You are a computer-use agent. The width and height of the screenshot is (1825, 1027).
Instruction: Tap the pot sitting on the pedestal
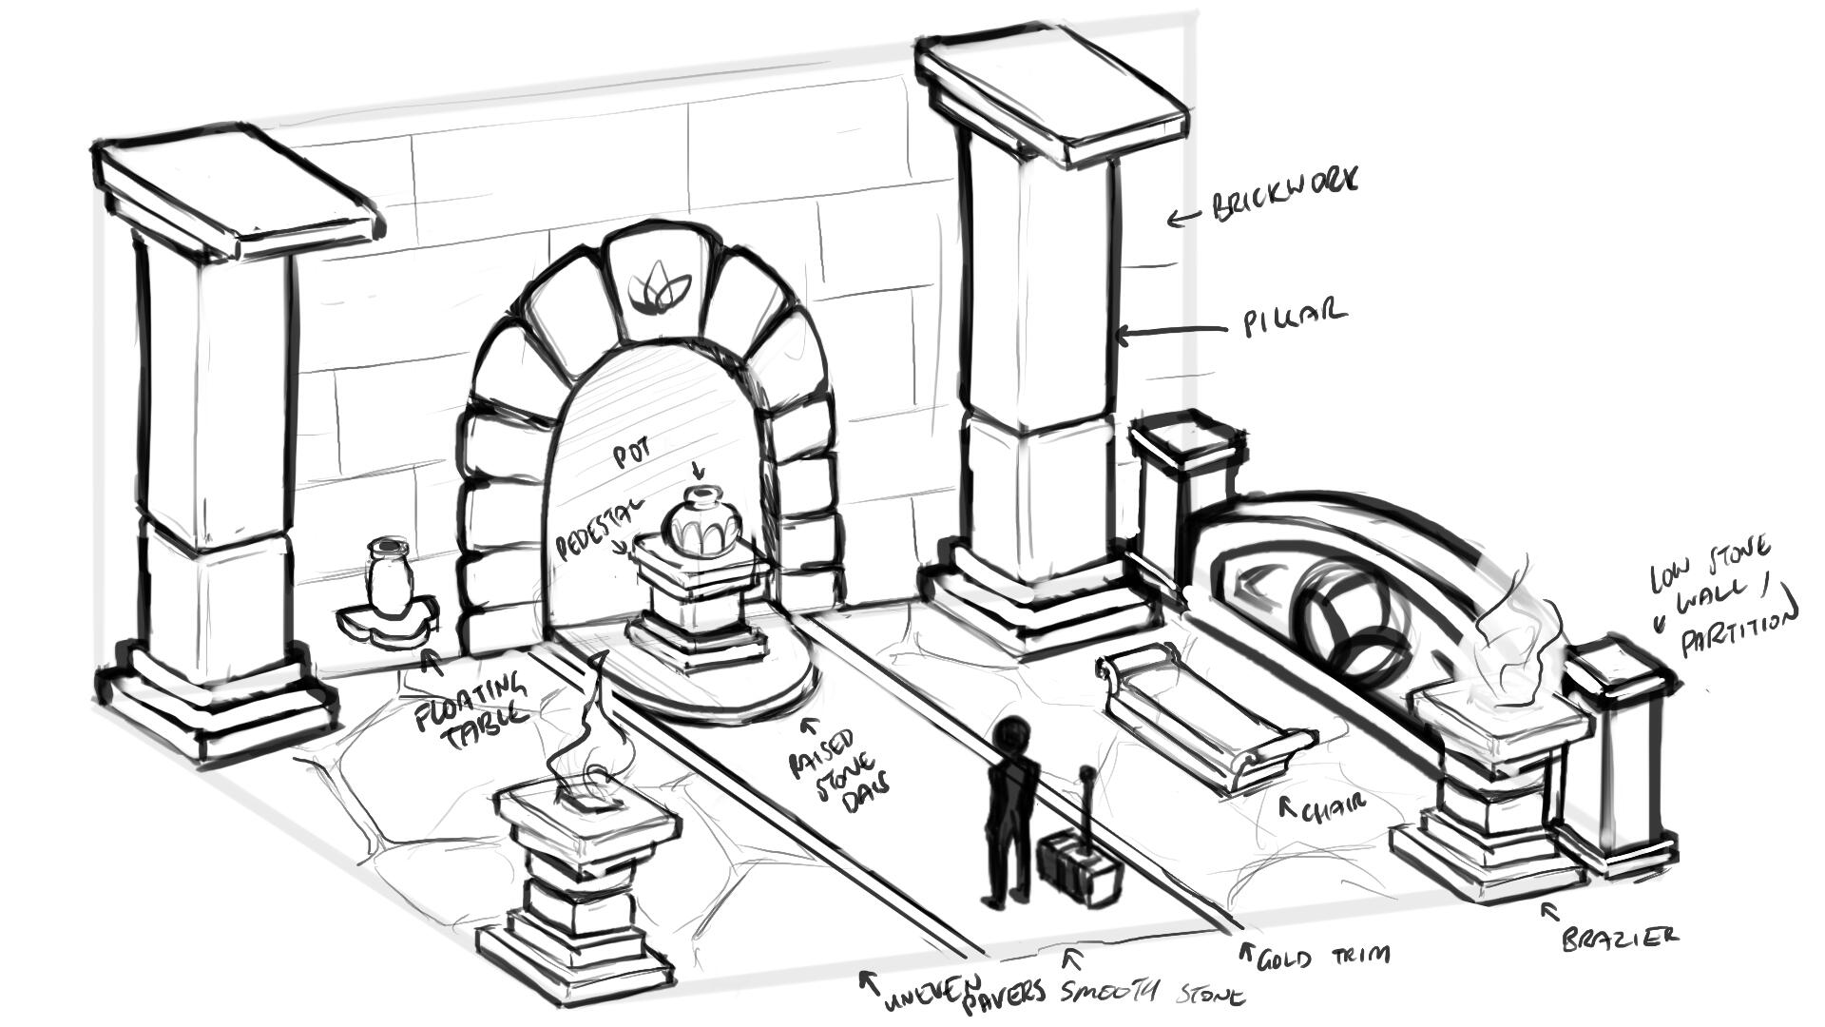point(701,522)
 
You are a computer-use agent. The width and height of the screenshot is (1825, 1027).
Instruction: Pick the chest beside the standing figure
point(1077,869)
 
